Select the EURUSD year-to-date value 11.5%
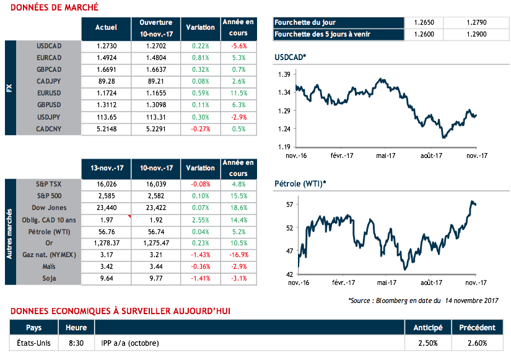pyautogui.click(x=238, y=93)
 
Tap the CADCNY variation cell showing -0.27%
pyautogui.click(x=201, y=129)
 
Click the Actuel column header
pyautogui.click(x=107, y=28)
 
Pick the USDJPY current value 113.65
pyautogui.click(x=107, y=117)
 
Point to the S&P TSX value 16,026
pyautogui.click(x=107, y=184)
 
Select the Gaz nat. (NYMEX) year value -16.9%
pyautogui.click(x=238, y=255)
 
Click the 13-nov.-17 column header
pyautogui.click(x=107, y=168)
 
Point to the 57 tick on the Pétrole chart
pyautogui.click(x=289, y=204)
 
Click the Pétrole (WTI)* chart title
pyautogui.click(x=300, y=184)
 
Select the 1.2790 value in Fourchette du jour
pyautogui.click(x=474, y=22)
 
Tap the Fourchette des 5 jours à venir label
pyautogui.click(x=322, y=34)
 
